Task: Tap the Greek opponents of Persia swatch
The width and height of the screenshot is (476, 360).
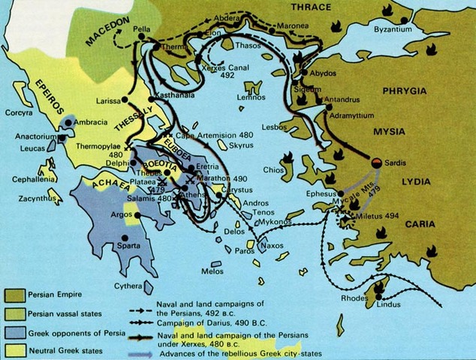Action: point(14,331)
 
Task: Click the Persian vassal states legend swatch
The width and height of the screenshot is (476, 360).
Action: point(14,313)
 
